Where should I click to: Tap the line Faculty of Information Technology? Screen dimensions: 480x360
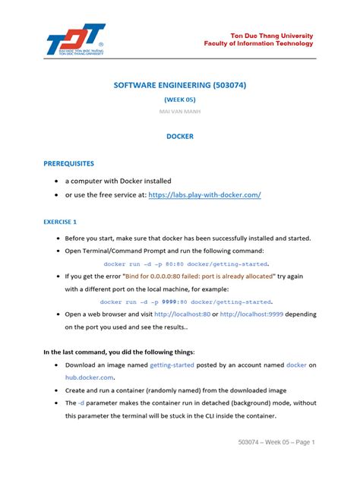[258, 44]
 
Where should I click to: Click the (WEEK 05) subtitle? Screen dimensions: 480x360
[179, 99]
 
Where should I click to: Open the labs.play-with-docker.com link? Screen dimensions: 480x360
[205, 195]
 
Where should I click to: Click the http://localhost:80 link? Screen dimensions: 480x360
[183, 314]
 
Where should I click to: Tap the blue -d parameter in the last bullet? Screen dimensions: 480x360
[84, 403]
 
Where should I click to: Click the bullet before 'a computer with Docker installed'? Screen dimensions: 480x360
[58, 182]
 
